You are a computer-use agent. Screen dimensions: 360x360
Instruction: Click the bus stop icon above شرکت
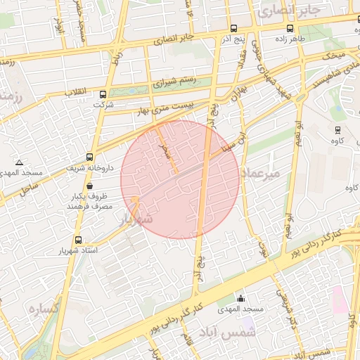[103, 94]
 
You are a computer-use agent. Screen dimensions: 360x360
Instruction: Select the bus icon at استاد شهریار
[77, 240]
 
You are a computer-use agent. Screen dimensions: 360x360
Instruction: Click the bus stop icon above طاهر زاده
[290, 29]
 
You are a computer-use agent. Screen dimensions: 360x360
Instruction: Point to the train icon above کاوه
[337, 129]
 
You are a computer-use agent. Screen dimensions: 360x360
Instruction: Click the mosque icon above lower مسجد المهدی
[241, 298]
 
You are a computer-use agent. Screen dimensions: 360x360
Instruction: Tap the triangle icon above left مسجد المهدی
[19, 162]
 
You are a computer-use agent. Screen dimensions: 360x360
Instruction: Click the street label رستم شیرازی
[169, 82]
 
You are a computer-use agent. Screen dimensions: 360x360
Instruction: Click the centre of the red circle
[180, 179]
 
